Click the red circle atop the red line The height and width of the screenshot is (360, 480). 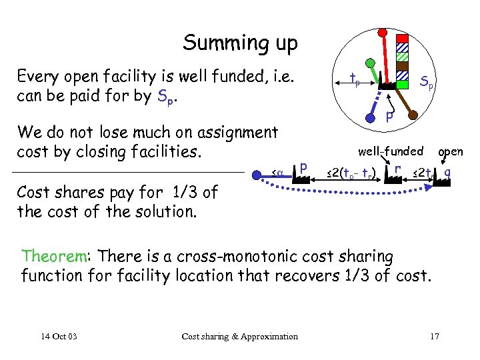tap(382, 31)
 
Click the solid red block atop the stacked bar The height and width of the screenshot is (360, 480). tap(402, 38)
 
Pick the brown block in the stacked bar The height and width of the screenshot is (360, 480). tap(402, 67)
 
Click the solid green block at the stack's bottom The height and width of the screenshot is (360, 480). tap(402, 84)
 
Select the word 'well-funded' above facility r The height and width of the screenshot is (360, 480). tap(391, 151)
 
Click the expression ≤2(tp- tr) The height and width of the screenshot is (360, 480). tap(351, 175)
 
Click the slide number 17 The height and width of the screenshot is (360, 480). tap(435, 336)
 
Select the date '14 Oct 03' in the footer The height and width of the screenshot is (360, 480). tap(58, 336)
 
